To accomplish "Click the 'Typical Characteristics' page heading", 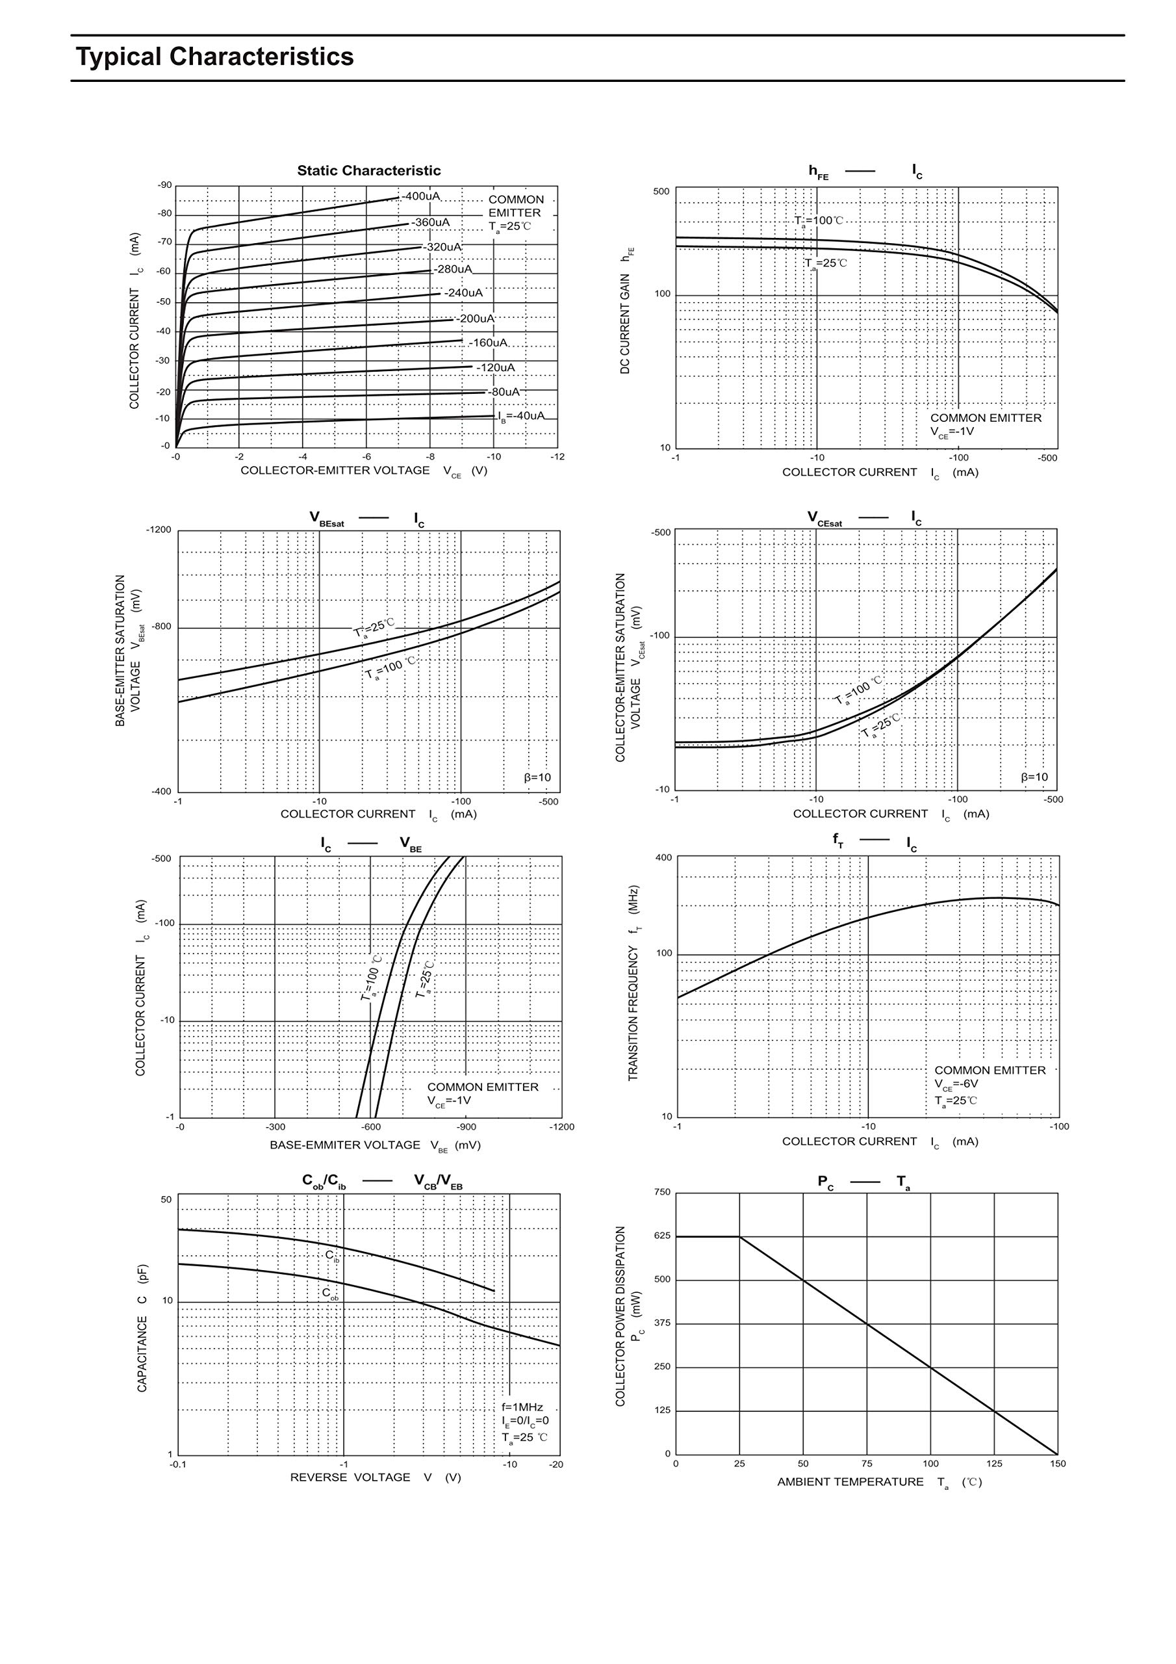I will tap(214, 57).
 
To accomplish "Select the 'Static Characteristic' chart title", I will tap(368, 171).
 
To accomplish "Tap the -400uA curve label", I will tap(421, 196).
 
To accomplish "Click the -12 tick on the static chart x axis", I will tap(557, 456).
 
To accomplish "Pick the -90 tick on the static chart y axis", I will tap(165, 185).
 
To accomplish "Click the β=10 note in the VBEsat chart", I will tap(537, 777).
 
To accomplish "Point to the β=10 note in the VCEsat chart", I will tap(1034, 777).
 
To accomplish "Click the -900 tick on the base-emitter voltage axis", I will tap(467, 1127).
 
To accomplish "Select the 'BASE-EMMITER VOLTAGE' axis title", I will tap(345, 1145).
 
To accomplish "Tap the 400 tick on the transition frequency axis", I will tap(664, 858).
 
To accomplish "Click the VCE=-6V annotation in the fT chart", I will tap(956, 1084).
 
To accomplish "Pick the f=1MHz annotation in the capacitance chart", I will tap(522, 1407).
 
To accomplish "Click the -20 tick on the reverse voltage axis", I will tap(556, 1464).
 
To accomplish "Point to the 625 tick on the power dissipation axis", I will tap(662, 1236).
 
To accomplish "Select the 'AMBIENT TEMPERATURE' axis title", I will tap(850, 1482).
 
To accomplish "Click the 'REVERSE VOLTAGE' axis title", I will tap(350, 1477).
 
